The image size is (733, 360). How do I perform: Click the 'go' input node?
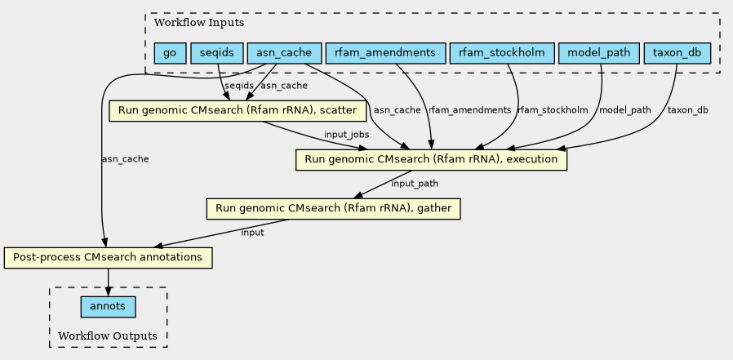click(170, 54)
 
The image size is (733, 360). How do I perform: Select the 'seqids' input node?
click(217, 54)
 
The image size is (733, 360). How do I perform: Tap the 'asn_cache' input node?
click(284, 54)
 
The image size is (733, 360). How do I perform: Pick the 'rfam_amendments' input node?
click(385, 54)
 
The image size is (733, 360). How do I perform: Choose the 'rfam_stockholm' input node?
click(501, 54)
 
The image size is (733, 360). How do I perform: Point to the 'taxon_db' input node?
click(677, 54)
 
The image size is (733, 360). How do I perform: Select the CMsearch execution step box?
click(431, 159)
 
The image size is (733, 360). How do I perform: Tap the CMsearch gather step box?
click(334, 208)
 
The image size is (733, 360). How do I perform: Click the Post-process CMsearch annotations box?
click(108, 257)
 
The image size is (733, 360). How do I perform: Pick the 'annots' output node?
click(108, 306)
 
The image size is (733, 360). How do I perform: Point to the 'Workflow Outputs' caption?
click(108, 336)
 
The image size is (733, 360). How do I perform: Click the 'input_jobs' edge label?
click(346, 134)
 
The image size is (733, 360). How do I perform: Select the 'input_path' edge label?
click(415, 184)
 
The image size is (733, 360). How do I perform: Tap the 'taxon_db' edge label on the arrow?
click(688, 109)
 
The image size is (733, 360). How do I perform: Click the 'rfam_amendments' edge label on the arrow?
click(469, 109)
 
